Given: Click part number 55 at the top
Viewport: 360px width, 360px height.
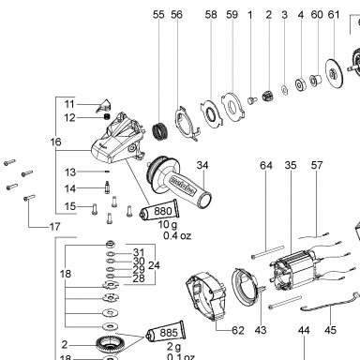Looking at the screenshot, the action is [x=158, y=15].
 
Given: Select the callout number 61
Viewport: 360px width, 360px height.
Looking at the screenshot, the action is [x=334, y=15].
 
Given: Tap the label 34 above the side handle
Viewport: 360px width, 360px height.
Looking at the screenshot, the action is [x=202, y=165].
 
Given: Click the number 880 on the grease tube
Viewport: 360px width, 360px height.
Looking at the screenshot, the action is [x=162, y=211].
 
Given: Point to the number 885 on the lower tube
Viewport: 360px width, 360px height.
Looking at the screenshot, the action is [x=169, y=333].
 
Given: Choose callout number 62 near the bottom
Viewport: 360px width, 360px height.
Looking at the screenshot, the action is [x=238, y=330].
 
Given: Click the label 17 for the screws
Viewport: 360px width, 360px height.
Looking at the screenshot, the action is [x=54, y=227].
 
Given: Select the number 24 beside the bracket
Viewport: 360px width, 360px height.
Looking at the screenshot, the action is [x=154, y=265].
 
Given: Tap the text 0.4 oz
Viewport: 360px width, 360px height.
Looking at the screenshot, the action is [x=177, y=235].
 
